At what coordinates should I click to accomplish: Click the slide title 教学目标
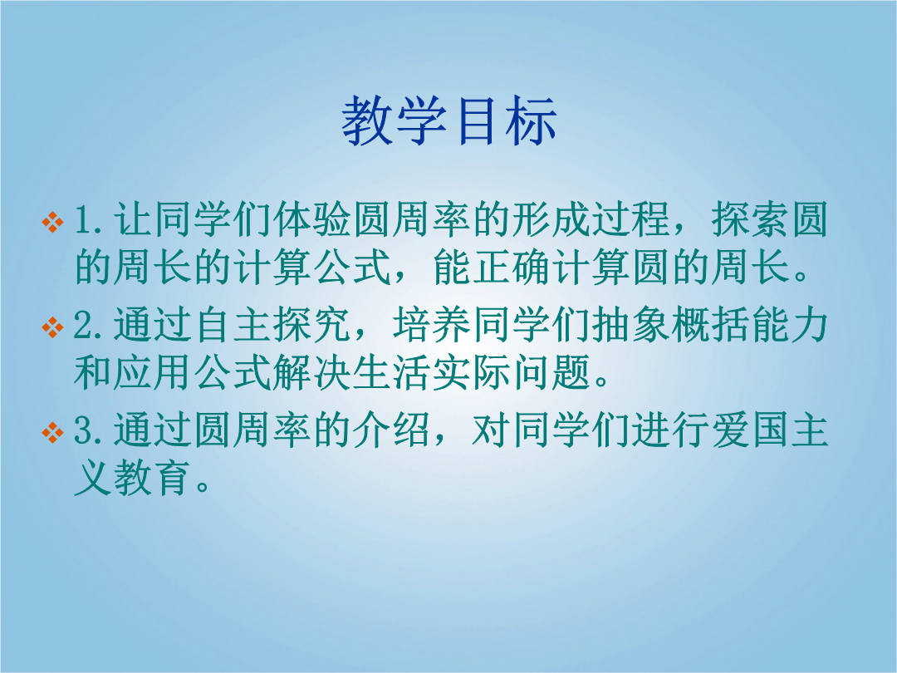click(x=449, y=120)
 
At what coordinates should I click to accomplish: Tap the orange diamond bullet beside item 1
click(x=52, y=222)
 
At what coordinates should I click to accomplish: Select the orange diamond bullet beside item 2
click(x=52, y=327)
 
